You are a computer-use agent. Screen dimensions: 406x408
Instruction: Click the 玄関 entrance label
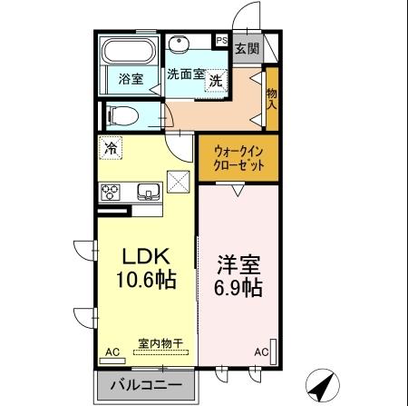click(x=246, y=48)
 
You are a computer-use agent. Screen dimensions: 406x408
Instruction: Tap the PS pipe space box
click(x=221, y=40)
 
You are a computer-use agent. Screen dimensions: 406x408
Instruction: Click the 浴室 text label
click(x=131, y=79)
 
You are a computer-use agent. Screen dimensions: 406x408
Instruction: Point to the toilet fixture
click(x=122, y=115)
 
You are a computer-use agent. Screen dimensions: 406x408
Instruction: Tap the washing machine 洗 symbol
click(x=216, y=81)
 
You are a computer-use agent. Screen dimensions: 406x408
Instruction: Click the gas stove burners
click(x=111, y=191)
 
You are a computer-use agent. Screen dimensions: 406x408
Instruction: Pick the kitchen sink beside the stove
click(x=148, y=191)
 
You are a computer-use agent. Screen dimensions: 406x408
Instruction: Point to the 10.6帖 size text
click(x=140, y=280)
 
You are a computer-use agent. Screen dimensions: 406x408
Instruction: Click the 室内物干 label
click(x=160, y=344)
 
